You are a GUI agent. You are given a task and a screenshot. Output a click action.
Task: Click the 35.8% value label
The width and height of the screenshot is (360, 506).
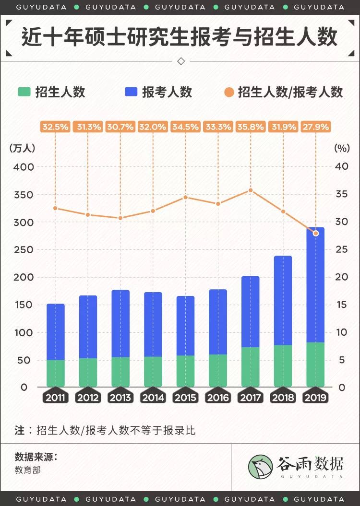[x=251, y=127]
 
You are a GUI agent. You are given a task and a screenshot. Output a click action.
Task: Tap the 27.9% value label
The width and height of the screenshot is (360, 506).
[x=315, y=127]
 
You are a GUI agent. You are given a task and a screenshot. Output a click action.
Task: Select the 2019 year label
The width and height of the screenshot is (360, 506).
[x=315, y=398]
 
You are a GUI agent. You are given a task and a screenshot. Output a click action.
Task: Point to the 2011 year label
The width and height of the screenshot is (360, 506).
[x=56, y=398]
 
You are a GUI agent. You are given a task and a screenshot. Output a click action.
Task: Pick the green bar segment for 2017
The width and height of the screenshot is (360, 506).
[x=251, y=367]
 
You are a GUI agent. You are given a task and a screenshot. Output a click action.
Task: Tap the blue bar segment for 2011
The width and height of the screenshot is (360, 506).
[x=56, y=332]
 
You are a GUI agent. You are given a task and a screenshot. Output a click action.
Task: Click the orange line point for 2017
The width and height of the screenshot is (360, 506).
[x=251, y=190]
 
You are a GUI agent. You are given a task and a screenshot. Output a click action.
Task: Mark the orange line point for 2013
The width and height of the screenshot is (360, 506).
[x=120, y=218]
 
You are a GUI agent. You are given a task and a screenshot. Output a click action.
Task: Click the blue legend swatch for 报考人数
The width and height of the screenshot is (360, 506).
[x=131, y=92]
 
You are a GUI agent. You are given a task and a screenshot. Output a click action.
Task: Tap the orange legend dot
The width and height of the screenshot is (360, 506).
[x=229, y=92]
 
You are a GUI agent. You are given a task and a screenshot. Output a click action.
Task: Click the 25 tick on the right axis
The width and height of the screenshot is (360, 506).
[x=341, y=250]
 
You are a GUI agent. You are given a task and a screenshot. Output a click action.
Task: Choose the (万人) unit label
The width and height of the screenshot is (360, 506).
[x=22, y=148]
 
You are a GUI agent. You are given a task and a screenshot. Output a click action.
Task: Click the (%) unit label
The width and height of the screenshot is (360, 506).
[x=342, y=148]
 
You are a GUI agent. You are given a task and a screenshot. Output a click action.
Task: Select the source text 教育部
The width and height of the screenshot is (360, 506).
[x=28, y=470]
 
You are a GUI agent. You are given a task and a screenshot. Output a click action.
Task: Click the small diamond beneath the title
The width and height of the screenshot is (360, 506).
[x=181, y=61]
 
